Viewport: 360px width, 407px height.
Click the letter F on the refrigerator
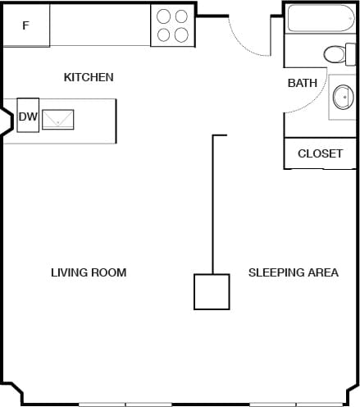click(25, 25)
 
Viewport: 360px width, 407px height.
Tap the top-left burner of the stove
click(163, 16)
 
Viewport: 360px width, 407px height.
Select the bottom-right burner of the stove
click(180, 34)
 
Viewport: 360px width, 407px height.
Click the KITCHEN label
click(89, 77)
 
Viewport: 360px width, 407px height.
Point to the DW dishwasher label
click(28, 117)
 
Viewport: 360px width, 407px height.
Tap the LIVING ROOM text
click(89, 272)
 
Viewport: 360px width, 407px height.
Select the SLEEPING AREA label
click(293, 272)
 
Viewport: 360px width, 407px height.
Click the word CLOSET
click(320, 153)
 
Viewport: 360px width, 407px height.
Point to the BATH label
click(303, 83)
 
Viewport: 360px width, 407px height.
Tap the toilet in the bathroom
click(335, 55)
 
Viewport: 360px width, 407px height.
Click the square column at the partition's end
click(211, 291)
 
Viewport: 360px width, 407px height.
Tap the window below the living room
click(125, 404)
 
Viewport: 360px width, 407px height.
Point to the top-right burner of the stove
click(180, 16)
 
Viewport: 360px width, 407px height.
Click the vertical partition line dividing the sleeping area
click(213, 205)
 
